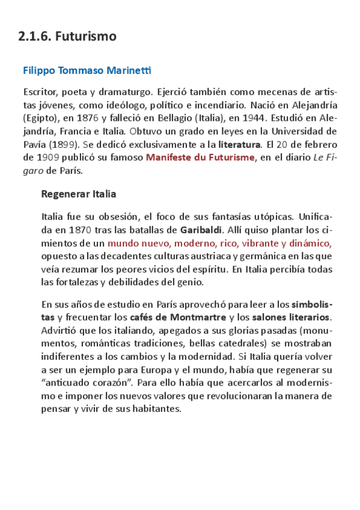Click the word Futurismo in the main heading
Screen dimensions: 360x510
click(x=85, y=37)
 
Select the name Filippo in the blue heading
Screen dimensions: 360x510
click(x=39, y=71)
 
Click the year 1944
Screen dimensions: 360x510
click(x=275, y=118)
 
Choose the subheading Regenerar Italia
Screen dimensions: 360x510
click(x=79, y=194)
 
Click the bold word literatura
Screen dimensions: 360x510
click(x=239, y=144)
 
